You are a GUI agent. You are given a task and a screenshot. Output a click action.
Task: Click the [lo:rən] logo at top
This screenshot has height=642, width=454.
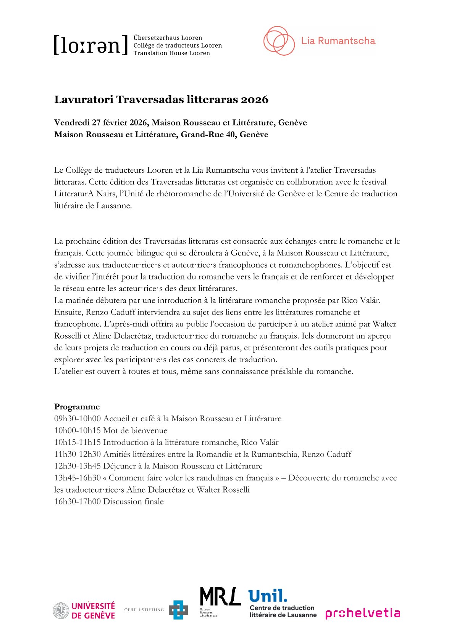(x=90, y=45)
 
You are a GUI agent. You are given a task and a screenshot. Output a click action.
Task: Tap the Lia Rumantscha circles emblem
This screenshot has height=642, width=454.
(x=279, y=41)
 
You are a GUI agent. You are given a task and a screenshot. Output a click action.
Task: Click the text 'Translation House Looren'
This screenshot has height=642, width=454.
(x=171, y=53)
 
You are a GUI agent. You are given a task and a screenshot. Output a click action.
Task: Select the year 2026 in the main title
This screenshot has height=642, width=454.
(x=254, y=100)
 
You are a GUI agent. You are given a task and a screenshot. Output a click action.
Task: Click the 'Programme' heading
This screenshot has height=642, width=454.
(x=77, y=407)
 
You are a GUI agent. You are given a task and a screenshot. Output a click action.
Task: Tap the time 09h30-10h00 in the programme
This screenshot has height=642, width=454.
(x=77, y=419)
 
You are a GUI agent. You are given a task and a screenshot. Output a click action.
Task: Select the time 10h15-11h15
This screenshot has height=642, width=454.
(x=77, y=442)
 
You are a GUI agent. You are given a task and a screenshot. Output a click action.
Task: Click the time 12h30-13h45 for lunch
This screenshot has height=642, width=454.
(x=77, y=466)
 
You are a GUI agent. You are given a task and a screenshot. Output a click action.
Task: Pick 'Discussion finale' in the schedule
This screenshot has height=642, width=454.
(x=133, y=501)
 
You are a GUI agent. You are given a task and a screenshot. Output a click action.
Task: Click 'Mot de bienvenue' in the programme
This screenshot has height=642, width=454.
(x=135, y=430)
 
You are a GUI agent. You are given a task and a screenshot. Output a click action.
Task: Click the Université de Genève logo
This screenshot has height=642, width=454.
(x=84, y=610)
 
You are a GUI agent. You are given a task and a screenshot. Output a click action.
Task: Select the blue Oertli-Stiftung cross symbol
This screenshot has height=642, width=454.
(x=178, y=610)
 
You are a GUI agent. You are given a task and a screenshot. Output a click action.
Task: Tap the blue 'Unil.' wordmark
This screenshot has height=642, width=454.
(x=268, y=596)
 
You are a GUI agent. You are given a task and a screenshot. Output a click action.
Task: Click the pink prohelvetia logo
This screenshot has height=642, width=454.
(x=362, y=613)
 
